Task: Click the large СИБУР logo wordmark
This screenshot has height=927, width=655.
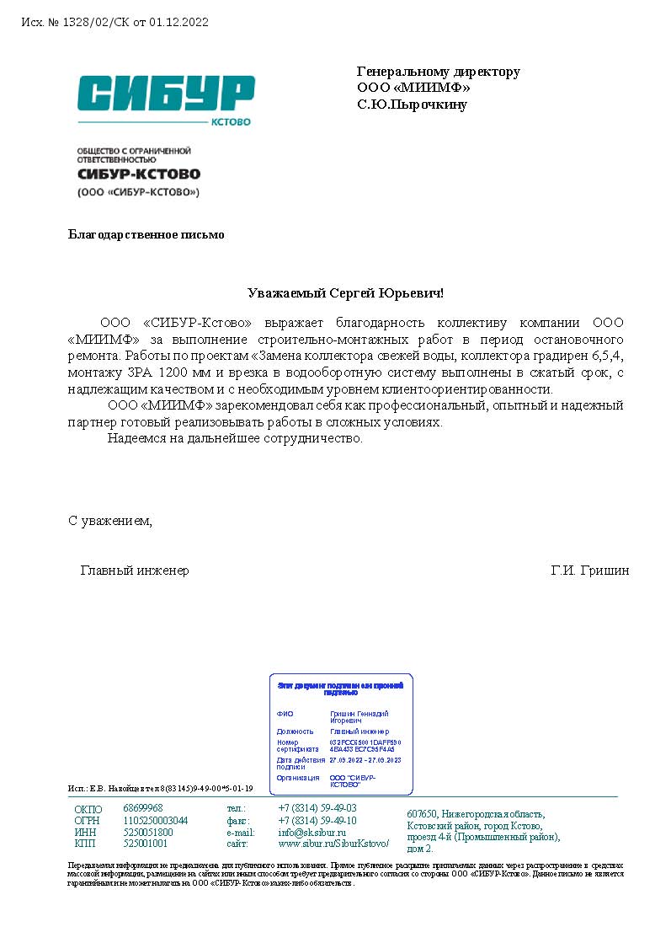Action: (166, 93)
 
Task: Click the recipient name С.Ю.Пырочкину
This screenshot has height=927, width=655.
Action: (412, 105)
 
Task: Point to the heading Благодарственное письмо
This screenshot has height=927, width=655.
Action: (146, 234)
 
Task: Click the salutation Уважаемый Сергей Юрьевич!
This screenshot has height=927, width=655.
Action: (345, 293)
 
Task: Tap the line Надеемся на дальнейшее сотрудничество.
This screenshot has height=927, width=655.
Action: (235, 438)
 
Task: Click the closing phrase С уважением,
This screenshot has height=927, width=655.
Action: (110, 521)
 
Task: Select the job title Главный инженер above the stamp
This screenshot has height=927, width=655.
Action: (135, 571)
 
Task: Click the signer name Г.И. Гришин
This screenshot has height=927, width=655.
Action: (589, 571)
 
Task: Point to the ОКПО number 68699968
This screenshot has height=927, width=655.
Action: (143, 808)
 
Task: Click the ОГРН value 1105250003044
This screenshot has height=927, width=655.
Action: (156, 820)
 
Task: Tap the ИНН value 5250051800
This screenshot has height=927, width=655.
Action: (148, 832)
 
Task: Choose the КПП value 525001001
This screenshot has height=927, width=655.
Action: (146, 844)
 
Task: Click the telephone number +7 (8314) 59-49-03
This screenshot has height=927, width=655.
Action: (317, 808)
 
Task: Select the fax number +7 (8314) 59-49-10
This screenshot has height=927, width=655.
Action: (317, 820)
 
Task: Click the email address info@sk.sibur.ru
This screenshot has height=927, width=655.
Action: (312, 832)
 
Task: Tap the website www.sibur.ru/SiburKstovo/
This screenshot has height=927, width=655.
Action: (333, 844)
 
